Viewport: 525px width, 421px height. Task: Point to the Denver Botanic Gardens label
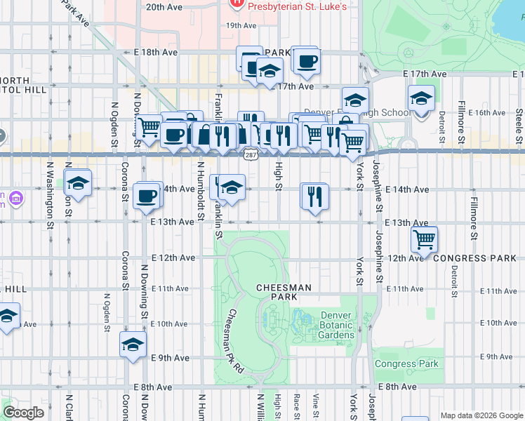[338, 325]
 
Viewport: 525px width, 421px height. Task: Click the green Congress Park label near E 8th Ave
[406, 363]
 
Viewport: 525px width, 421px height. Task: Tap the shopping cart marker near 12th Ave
[425, 239]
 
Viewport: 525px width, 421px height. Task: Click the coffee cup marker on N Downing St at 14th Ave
[147, 196]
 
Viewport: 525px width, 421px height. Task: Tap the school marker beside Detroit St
[421, 99]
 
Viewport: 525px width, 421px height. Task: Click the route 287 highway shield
[250, 154]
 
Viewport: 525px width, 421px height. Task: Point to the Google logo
[24, 413]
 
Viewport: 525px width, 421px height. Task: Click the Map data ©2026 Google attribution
[481, 415]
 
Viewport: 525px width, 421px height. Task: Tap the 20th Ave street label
[164, 7]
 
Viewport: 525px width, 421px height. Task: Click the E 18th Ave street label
[156, 52]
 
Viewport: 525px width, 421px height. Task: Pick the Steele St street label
[519, 123]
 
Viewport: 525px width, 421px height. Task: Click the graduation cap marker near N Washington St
[78, 183]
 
